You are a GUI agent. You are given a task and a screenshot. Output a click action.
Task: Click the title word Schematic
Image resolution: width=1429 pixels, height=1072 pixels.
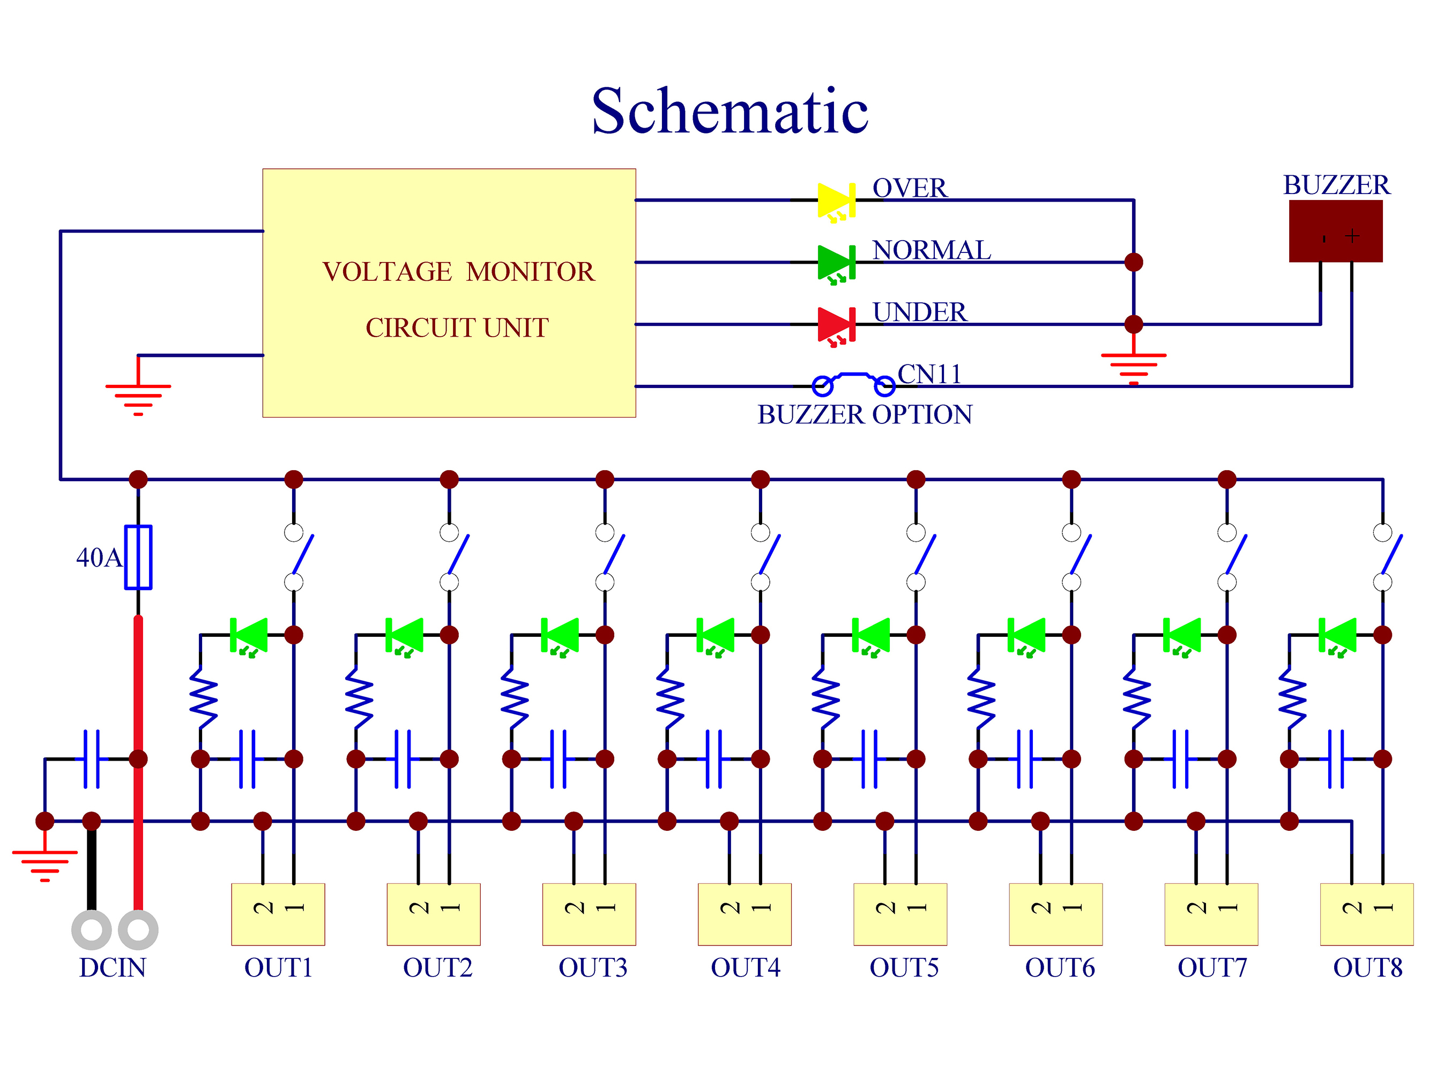point(730,111)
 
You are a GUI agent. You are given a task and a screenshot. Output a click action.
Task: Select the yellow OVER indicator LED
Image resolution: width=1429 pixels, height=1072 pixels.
point(837,202)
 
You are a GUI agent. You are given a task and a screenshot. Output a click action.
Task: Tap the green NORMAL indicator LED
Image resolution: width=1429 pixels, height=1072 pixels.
point(837,264)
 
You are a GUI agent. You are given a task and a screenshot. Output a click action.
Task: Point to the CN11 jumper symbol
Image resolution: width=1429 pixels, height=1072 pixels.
point(853,383)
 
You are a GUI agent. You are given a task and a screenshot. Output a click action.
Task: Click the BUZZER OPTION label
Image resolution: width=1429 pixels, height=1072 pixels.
point(865,414)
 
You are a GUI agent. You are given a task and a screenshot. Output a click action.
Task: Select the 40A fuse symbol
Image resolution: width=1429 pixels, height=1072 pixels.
point(138,557)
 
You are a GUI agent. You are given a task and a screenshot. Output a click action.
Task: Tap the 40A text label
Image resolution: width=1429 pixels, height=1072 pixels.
point(99,557)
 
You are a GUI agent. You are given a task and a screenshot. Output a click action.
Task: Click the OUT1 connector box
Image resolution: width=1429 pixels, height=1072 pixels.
point(278,914)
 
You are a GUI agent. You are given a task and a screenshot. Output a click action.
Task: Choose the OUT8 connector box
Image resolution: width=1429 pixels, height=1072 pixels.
point(1366,914)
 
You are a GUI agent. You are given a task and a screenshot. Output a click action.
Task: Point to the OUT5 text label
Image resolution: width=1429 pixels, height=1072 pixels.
point(904,967)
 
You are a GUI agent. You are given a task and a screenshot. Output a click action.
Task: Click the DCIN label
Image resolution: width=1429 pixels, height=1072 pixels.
point(113,967)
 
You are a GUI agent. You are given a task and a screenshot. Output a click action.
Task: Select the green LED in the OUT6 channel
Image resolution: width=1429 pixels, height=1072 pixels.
point(1026,636)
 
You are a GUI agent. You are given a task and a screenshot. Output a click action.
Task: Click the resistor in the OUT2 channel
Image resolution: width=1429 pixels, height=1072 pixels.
point(359,698)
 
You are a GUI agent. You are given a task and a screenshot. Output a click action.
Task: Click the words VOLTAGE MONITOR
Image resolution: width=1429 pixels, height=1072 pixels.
point(458,271)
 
